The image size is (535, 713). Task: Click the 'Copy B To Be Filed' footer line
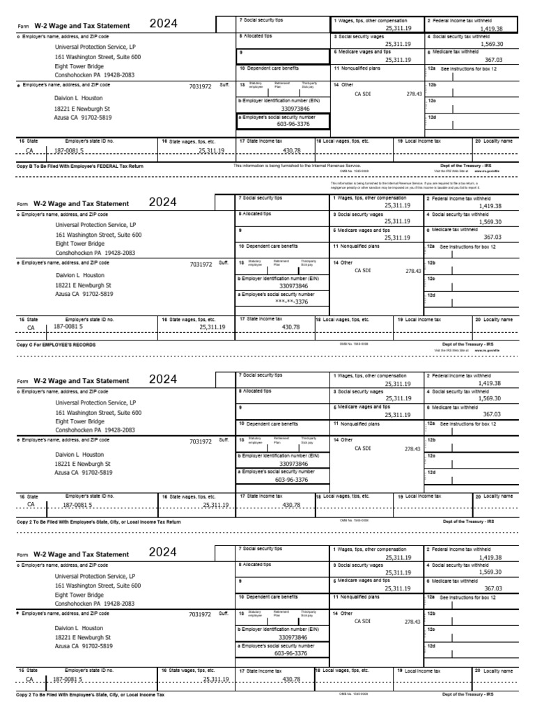click(x=80, y=166)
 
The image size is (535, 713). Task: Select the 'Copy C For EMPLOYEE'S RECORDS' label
click(x=56, y=345)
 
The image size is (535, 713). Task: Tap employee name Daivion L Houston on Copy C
click(x=79, y=276)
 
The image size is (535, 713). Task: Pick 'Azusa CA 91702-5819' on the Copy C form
click(x=84, y=295)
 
